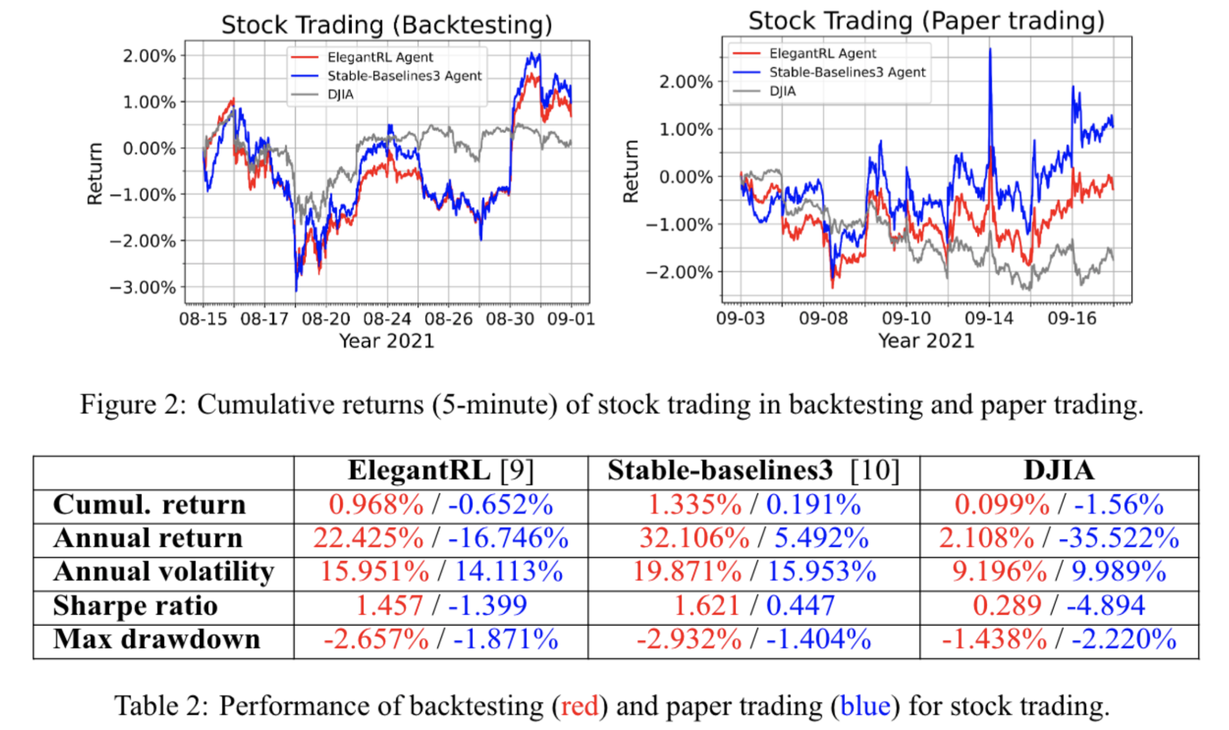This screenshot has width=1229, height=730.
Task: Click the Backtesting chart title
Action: point(386,25)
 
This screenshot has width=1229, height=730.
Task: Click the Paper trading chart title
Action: point(926,21)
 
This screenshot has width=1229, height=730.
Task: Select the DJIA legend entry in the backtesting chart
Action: point(340,95)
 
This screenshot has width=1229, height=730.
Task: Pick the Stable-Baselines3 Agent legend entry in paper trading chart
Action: point(847,73)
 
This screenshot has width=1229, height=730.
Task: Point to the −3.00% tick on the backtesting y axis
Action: point(143,288)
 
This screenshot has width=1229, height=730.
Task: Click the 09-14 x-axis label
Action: point(988,318)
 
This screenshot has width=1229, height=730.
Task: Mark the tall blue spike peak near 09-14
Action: point(990,50)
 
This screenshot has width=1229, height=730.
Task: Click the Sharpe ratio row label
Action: point(135,606)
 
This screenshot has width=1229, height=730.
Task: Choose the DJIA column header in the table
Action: point(1059,471)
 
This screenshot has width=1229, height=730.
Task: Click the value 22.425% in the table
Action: point(368,538)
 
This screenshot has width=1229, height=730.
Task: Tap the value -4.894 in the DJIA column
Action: point(1106,606)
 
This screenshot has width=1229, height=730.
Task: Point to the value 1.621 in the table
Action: point(706,606)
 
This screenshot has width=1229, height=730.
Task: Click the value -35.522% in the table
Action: point(1119,538)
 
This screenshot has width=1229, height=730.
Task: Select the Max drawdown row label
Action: point(157,639)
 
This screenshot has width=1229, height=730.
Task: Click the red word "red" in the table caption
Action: point(579,706)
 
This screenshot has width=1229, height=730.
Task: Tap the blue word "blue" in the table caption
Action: point(865,706)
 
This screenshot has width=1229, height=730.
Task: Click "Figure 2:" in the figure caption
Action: point(133,405)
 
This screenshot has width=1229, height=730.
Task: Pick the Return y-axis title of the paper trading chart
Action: point(631,172)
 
